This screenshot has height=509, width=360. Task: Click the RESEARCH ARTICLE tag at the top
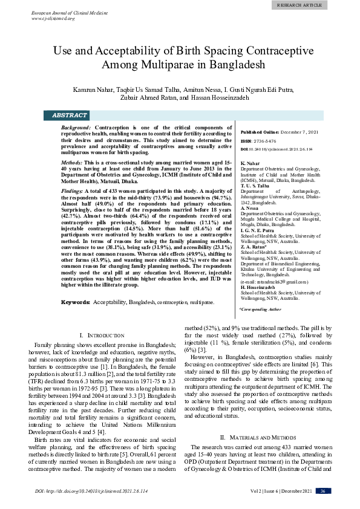tap(326, 4)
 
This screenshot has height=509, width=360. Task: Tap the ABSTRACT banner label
tap(70, 115)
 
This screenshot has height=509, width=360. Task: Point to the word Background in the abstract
tap(77, 129)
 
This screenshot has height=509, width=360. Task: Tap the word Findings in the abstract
tap(74, 191)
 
